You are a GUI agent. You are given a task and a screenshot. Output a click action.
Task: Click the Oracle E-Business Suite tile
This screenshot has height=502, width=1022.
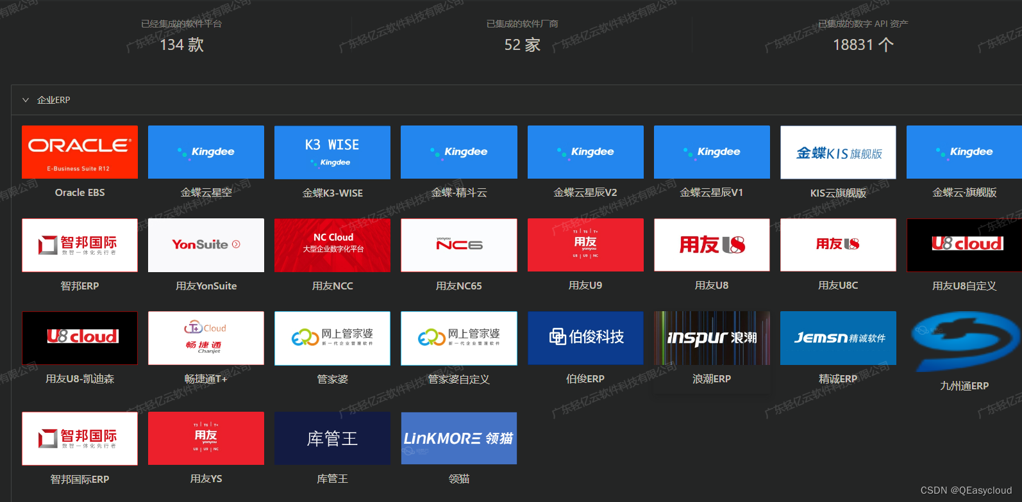coord(80,152)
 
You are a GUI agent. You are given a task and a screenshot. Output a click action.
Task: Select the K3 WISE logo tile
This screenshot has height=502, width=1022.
coord(332,152)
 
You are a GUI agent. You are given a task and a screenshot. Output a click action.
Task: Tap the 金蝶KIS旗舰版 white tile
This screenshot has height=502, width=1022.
coord(838,152)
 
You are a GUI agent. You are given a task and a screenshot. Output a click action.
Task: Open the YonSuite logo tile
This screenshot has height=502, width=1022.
coord(206,245)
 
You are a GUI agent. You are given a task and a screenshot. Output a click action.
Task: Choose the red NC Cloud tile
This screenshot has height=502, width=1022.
coord(332,245)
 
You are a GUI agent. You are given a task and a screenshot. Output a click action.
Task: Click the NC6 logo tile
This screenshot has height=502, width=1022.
coord(458,245)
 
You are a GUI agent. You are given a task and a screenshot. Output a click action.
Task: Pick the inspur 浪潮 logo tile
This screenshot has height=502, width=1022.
coord(712,337)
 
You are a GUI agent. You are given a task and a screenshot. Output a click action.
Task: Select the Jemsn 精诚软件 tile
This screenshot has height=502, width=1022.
coord(838,337)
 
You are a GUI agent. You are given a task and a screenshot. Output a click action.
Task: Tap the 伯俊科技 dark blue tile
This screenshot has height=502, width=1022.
coord(585,337)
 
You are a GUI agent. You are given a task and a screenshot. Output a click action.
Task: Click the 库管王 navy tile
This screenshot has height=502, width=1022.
coord(332,438)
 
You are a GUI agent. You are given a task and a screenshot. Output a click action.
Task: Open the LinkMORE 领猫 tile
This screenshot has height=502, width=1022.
coord(458,438)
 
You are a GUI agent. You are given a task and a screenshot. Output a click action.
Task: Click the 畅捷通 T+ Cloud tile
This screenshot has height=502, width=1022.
coord(206,337)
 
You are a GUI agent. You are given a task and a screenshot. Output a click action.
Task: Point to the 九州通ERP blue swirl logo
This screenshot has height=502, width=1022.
coord(964,340)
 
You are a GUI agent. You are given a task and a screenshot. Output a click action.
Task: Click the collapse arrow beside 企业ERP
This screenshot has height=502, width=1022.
coord(26,100)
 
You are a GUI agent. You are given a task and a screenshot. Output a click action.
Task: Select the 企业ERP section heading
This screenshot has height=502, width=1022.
coord(54,100)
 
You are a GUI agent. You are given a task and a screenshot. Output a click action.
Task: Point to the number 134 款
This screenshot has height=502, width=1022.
coord(181,45)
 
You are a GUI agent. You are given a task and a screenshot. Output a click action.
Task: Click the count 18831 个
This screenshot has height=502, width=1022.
coord(862,45)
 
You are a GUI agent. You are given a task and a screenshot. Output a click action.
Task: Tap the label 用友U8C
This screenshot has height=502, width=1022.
coord(838,286)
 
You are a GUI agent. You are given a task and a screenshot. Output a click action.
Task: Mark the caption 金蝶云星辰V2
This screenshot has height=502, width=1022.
coord(585,193)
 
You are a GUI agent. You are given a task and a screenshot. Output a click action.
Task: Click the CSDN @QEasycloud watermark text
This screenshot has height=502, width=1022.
coord(966,490)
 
